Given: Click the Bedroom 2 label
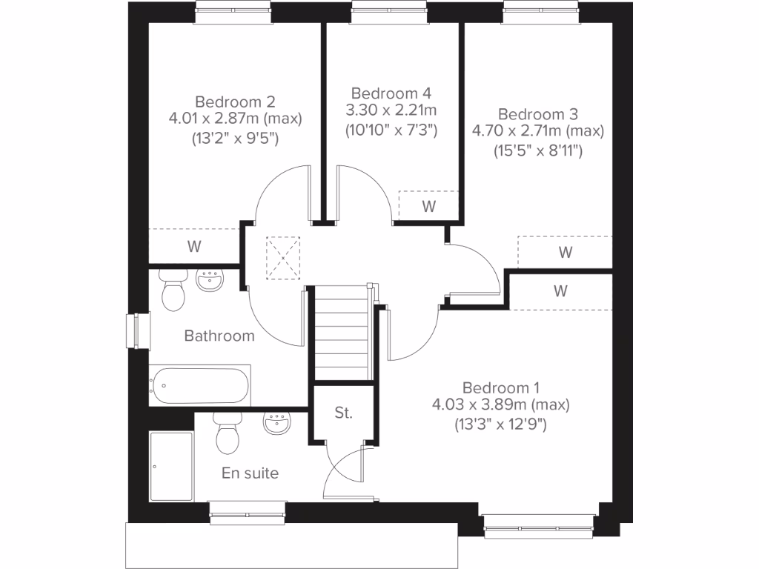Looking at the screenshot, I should click(229, 101).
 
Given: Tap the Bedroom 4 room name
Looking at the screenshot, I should click(391, 93).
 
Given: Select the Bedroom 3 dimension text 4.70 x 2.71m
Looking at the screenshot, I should click(538, 131).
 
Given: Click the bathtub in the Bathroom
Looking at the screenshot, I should click(199, 385).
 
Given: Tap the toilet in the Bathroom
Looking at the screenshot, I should click(173, 290).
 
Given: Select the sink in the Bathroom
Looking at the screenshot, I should click(210, 281).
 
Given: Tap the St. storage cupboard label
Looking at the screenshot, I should click(342, 413).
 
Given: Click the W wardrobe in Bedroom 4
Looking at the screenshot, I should click(428, 206).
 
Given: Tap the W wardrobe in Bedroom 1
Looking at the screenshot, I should click(560, 290).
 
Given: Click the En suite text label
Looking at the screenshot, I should click(251, 473).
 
